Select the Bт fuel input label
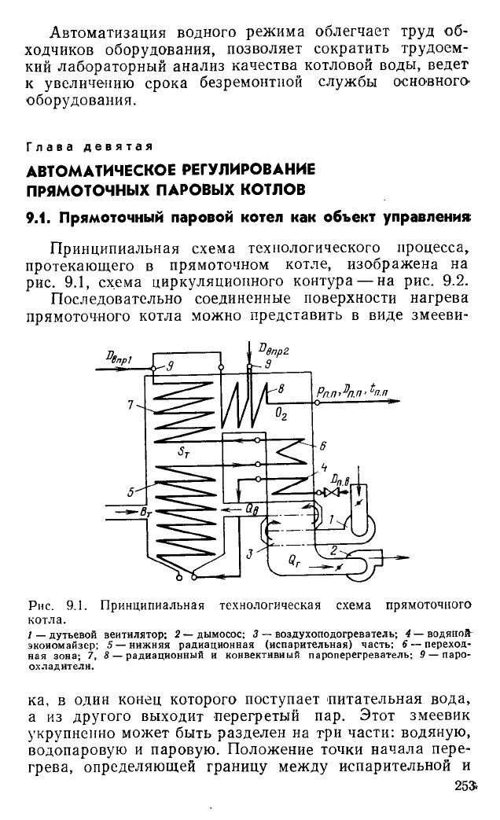[x=145, y=512]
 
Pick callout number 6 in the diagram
[x=321, y=443]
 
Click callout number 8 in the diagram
[x=281, y=387]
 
